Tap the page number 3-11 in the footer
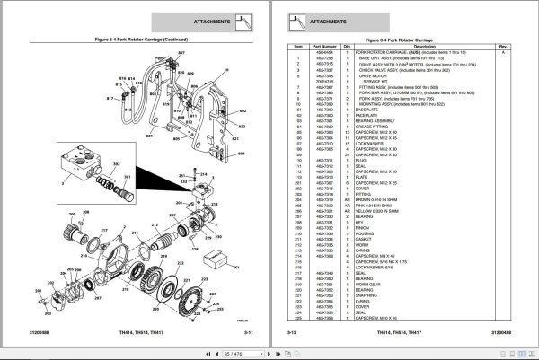point(249,333)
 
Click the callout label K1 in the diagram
point(236,267)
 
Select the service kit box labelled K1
point(216,259)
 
